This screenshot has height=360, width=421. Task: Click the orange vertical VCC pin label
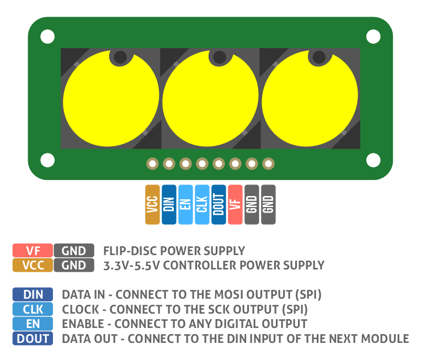pos(153,204)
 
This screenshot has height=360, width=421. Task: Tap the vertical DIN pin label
pos(169,204)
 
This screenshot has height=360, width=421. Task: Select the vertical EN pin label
pos(186,204)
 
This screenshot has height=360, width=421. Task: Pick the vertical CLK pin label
pos(202,204)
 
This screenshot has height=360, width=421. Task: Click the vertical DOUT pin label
pos(219,204)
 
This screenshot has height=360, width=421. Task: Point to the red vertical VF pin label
pos(235,204)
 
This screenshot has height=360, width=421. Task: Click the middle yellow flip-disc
pos(210,99)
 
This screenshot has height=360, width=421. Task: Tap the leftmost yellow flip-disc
pos(111,99)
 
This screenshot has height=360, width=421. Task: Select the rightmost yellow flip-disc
pos(310,99)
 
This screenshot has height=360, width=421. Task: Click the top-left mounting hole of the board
pos(47,37)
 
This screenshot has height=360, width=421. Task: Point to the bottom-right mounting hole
pos(374,160)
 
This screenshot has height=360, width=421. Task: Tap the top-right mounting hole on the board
pos(374,37)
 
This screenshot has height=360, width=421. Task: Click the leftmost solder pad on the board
pos(152,163)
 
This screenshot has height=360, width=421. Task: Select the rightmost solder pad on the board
pos(268,163)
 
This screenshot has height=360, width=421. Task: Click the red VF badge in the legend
pos(33,251)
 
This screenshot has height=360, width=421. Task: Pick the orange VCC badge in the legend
pos(33,265)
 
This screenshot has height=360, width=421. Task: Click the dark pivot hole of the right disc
pos(318,57)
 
